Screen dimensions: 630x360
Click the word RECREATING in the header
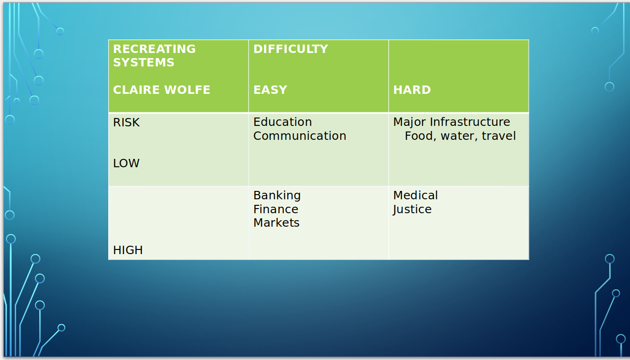[154, 49]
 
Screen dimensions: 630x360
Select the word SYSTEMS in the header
[144, 62]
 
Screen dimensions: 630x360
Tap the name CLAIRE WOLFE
[161, 90]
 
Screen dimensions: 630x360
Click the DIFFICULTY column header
[290, 49]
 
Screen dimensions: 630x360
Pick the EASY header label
[270, 90]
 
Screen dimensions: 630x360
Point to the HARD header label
[412, 90]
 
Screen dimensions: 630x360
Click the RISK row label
[126, 122]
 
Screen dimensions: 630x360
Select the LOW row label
[126, 164]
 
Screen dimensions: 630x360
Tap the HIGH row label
[128, 250]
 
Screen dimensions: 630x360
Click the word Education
[282, 122]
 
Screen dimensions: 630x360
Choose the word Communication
[300, 136]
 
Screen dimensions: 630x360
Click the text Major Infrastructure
[452, 122]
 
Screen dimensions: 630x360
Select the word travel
[499, 136]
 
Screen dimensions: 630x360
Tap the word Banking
[277, 196]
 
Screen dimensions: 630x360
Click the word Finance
[276, 209]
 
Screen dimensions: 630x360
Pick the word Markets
[276, 223]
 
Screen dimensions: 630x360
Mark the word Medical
[415, 195]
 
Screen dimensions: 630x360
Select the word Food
[420, 136]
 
